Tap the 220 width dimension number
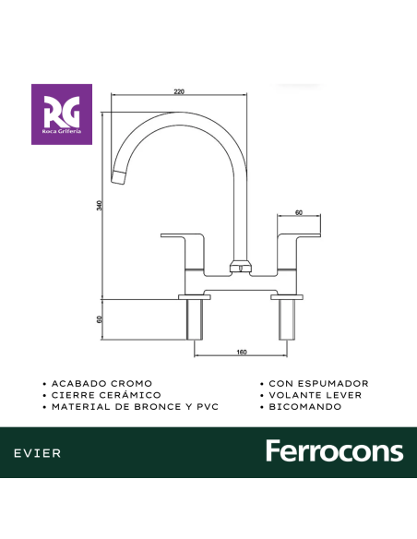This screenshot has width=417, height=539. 179,90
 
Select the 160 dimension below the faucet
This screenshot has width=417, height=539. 241,352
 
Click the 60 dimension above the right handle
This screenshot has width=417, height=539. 298,212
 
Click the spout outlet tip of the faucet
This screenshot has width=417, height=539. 116,177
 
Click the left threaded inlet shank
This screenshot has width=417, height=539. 195,318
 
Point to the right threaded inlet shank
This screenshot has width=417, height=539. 285,318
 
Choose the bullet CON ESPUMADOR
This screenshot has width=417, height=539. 318,382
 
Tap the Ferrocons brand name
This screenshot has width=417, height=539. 334,451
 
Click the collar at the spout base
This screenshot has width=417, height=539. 240,268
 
